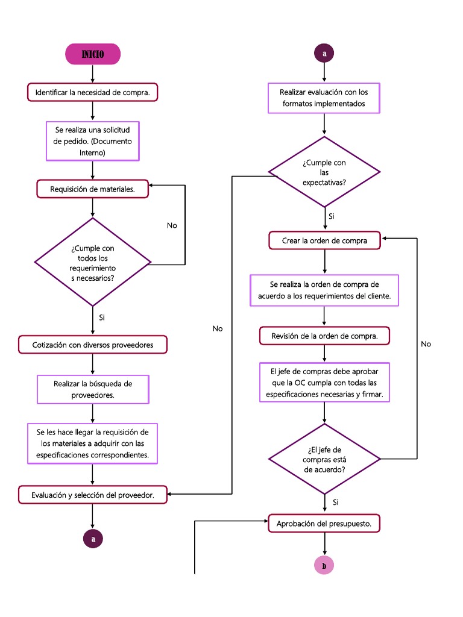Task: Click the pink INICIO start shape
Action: [93, 54]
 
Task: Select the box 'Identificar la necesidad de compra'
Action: [92, 92]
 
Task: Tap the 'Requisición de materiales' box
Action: [92, 189]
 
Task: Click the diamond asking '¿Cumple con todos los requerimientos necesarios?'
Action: [93, 262]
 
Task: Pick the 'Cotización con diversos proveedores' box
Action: [92, 345]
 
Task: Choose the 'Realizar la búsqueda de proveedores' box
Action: [93, 389]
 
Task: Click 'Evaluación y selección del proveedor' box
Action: [92, 495]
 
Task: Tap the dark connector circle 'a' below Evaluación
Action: [93, 539]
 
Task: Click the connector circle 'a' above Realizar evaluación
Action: [324, 54]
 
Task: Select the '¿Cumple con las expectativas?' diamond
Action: [324, 172]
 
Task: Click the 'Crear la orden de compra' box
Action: [324, 240]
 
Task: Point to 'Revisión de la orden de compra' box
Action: [324, 336]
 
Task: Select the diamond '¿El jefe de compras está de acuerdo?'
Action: [324, 459]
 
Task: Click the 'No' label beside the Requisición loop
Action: [172, 225]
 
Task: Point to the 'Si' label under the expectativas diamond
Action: [332, 216]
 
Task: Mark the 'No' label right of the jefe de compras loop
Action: [426, 343]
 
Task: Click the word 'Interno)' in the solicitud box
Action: [93, 153]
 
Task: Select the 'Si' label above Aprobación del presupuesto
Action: [335, 502]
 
